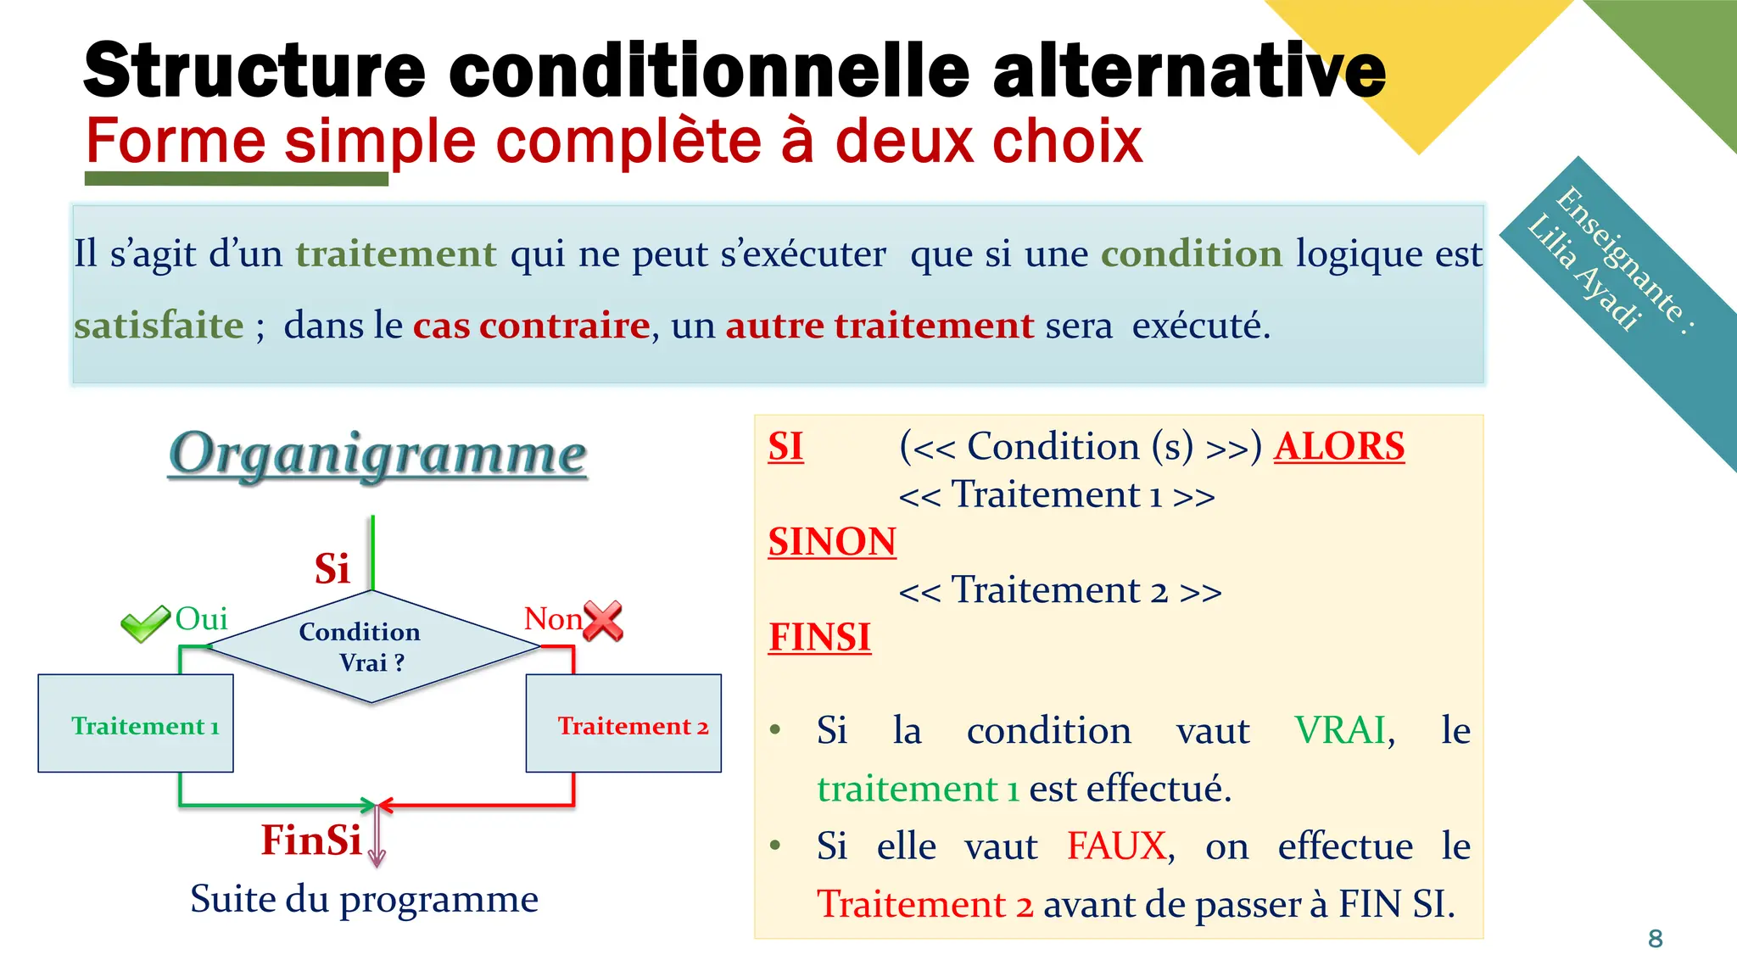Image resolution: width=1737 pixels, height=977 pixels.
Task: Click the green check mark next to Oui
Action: click(144, 624)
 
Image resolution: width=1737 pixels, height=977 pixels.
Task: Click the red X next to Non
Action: click(604, 621)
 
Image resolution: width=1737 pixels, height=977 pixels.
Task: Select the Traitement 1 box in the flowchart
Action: click(136, 723)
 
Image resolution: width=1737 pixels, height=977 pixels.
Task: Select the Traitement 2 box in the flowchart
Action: click(623, 723)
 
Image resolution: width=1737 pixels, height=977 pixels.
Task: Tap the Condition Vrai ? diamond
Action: click(371, 647)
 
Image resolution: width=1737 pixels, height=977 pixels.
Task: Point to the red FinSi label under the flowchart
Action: click(311, 840)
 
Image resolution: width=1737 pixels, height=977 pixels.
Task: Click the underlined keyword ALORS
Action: click(1338, 447)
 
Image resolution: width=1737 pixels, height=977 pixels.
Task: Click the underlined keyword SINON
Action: click(831, 542)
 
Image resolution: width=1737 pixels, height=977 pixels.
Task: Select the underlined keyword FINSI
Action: click(819, 638)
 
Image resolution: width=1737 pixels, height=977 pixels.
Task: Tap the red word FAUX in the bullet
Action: click(1116, 846)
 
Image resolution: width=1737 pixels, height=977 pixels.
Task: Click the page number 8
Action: click(1655, 939)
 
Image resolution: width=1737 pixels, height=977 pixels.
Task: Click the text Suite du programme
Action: click(364, 899)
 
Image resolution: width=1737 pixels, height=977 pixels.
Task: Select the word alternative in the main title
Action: click(1187, 70)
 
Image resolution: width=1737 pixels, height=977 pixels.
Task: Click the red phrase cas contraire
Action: click(531, 326)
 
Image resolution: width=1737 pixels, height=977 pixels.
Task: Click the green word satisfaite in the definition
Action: click(159, 326)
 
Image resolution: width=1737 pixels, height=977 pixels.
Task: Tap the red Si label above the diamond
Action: click(332, 569)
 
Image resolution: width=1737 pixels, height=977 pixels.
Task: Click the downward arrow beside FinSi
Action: click(377, 840)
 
